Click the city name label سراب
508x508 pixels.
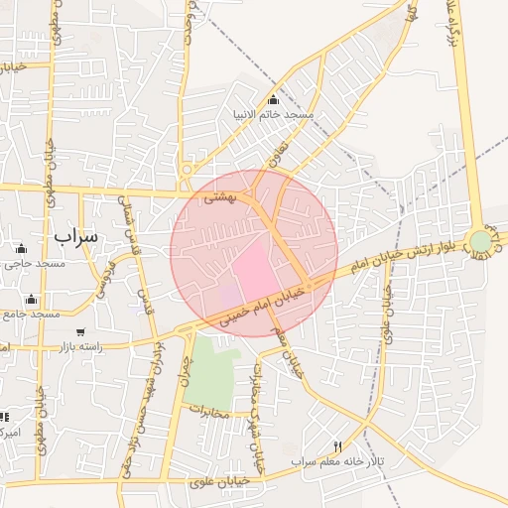pos(77,236)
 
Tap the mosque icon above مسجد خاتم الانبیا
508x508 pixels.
pos(274,99)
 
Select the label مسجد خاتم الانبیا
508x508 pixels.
pos(273,115)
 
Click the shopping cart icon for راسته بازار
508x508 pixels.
pos(79,331)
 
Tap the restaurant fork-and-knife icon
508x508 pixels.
pos(337,447)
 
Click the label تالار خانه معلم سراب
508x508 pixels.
pos(329,462)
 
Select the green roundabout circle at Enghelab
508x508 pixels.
pos(480,241)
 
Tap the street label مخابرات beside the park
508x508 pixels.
pos(209,410)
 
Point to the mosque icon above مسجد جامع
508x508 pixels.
pos(32,300)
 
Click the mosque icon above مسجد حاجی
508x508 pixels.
pos(22,248)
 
